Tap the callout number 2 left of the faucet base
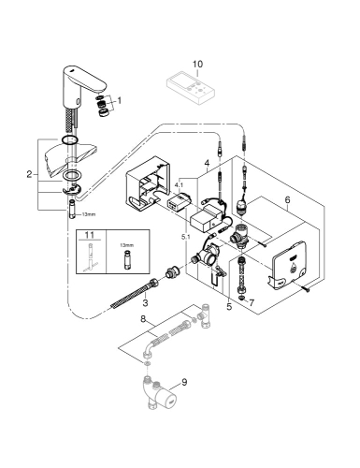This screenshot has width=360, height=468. (30, 174)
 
